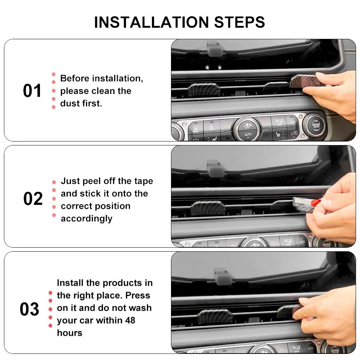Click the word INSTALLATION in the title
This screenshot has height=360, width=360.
pyautogui.click(x=151, y=22)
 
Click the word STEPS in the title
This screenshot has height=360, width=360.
pyautogui.click(x=239, y=22)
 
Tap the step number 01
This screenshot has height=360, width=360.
pyautogui.click(x=32, y=91)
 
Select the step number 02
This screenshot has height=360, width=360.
pyautogui.click(x=33, y=199)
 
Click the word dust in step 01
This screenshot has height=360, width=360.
pyautogui.click(x=70, y=103)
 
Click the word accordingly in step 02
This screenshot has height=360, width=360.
pyautogui.click(x=86, y=219)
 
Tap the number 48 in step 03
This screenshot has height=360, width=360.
pyautogui.click(x=130, y=320)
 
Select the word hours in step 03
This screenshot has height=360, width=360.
pyautogui.click(x=69, y=333)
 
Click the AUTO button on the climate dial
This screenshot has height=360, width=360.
pyautogui.click(x=248, y=135)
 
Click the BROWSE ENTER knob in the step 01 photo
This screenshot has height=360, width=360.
pyautogui.click(x=316, y=125)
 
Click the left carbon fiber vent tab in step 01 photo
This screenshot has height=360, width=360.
pyautogui.click(x=204, y=90)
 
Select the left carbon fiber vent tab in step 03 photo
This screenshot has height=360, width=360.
pyautogui.click(x=215, y=316)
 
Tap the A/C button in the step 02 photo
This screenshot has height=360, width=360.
pyautogui.click(x=302, y=242)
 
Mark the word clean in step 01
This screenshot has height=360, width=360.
pyautogui.click(x=118, y=91)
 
